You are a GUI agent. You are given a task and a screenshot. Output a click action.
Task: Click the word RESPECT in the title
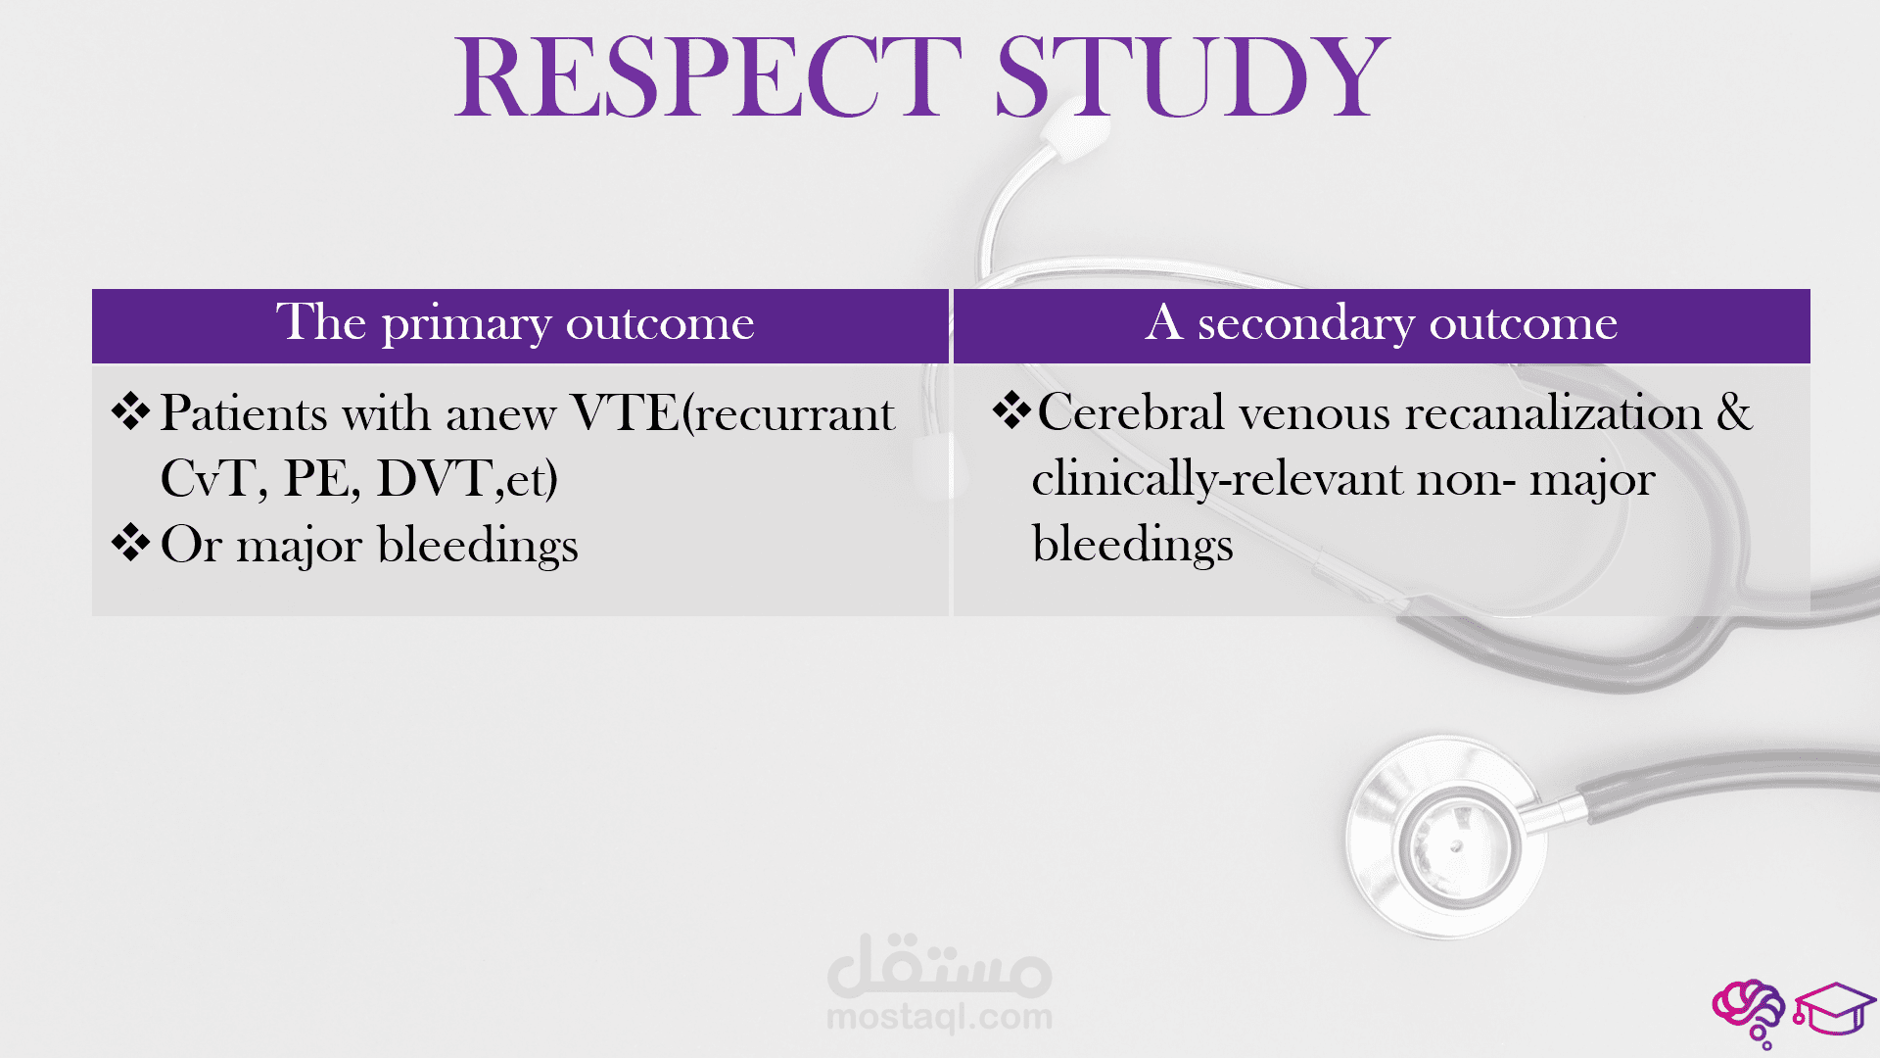click(x=708, y=76)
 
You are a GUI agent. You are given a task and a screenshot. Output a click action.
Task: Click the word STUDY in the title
click(x=1194, y=76)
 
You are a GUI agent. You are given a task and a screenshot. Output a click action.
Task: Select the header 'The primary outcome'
click(x=515, y=322)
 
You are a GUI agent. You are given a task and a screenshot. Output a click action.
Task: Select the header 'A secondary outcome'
click(x=1382, y=322)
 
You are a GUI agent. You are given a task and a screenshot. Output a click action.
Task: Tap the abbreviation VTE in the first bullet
click(x=626, y=412)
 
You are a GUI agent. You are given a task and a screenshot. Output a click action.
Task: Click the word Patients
click(x=244, y=412)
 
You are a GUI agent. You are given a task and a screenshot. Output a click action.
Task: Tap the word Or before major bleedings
click(x=191, y=545)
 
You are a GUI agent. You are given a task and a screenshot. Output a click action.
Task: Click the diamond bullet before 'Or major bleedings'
click(x=130, y=543)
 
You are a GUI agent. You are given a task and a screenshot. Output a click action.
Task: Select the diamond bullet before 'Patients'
click(x=130, y=411)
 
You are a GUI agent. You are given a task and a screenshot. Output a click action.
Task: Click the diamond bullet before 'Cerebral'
click(x=1011, y=410)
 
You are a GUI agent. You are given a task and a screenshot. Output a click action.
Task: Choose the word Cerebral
click(x=1131, y=411)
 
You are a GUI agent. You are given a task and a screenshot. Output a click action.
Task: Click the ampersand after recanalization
click(x=1734, y=411)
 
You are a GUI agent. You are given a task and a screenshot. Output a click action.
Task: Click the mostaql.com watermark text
click(x=939, y=1017)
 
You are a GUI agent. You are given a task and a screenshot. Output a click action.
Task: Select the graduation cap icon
click(x=1834, y=1010)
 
